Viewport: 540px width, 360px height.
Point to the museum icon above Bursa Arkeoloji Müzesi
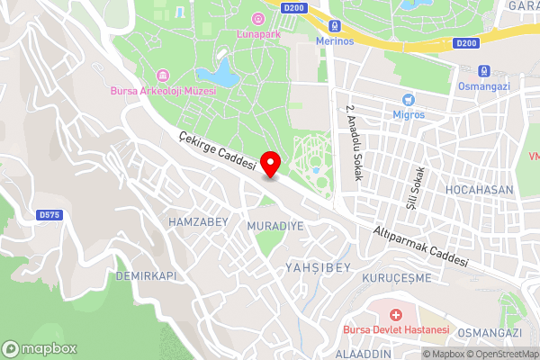[x=162, y=75]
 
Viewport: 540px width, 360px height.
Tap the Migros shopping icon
[x=409, y=99]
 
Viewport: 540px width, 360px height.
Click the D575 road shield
[x=49, y=215]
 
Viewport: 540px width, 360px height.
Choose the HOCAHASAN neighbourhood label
[x=478, y=190]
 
